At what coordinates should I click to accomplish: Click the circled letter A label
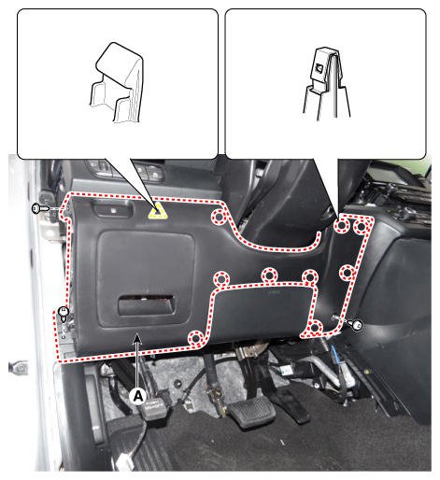point(137,396)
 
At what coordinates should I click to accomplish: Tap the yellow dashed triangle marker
point(158,211)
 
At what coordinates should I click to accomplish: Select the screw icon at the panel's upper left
point(40,208)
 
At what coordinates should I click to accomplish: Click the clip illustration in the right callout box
point(326,83)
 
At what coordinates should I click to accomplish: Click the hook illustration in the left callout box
point(117,82)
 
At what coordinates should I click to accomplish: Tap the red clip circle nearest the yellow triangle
point(219,217)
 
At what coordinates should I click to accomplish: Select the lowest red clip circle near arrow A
point(196,338)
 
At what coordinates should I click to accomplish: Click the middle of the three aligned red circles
point(269,275)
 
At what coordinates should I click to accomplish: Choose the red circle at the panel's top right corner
point(362,227)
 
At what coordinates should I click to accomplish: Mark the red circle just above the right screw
point(347,273)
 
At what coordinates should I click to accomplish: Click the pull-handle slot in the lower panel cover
point(146,304)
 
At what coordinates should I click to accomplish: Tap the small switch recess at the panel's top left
point(111,209)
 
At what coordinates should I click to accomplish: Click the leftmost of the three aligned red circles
point(221,278)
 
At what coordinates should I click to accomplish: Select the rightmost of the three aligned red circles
point(310,277)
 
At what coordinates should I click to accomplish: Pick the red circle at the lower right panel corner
point(315,328)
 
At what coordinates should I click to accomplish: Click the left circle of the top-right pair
point(342,226)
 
